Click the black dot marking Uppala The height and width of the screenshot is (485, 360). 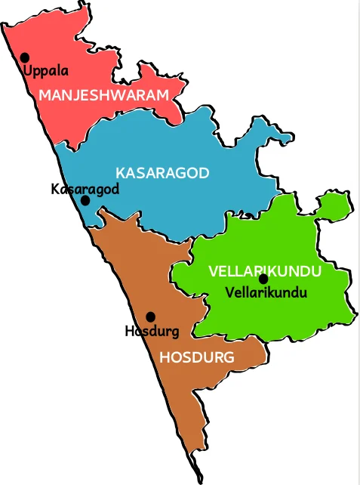point(25,57)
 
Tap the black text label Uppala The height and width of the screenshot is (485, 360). point(45,72)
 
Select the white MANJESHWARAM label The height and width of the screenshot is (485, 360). point(103,95)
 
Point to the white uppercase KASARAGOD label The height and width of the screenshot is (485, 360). point(162,172)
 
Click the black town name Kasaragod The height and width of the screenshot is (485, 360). point(85,188)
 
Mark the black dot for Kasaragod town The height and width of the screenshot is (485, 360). point(85,201)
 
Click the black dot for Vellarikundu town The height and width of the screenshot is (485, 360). point(263,279)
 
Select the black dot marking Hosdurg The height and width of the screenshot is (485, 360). point(150,317)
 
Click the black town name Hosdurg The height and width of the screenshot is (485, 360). point(152,331)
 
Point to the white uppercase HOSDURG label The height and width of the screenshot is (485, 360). point(197,357)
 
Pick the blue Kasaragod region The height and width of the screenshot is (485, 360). point(189,204)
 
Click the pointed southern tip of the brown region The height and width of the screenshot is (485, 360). point(202,480)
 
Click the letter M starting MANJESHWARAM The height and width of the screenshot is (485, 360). point(45,95)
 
